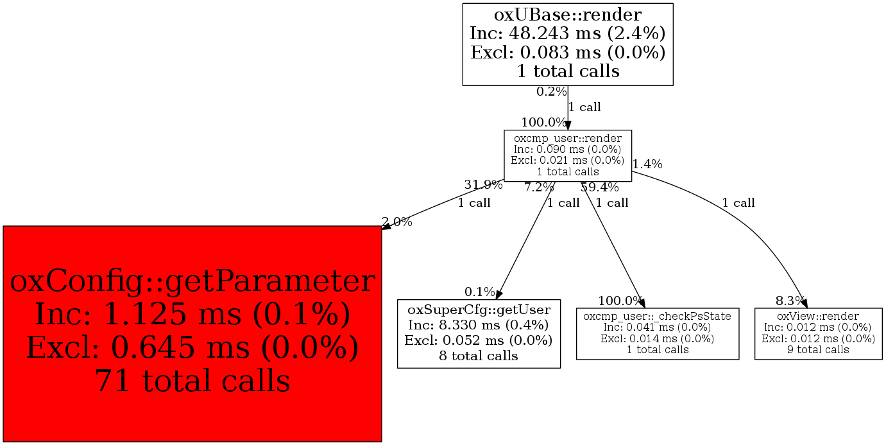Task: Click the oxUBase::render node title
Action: tap(568, 14)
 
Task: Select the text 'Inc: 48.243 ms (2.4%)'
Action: tap(568, 33)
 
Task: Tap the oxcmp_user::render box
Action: tap(568, 155)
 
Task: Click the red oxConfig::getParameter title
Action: tap(192, 282)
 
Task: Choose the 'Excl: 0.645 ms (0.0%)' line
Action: tap(192, 347)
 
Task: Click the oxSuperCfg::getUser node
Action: tap(479, 333)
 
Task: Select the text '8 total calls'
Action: tap(479, 356)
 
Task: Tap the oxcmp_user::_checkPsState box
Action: tap(658, 333)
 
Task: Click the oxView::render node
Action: tap(818, 333)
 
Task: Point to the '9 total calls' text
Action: tap(818, 350)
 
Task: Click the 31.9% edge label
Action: tap(483, 186)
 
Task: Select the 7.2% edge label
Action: tap(539, 188)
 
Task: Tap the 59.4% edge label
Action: tap(600, 188)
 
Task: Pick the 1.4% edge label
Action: tap(647, 164)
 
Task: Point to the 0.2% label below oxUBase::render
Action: tap(551, 92)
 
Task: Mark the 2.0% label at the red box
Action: tap(397, 223)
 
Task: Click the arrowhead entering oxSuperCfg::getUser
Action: tap(498, 294)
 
